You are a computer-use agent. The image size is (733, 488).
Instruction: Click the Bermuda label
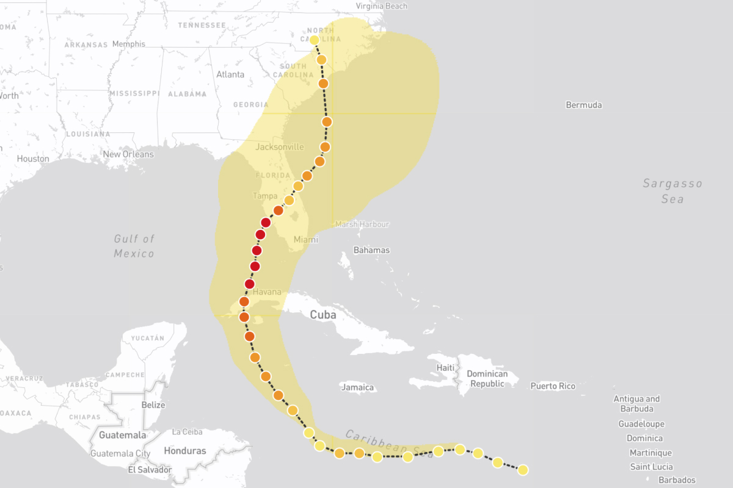pos(583,105)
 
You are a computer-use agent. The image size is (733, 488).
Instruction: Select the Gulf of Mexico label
pos(134,246)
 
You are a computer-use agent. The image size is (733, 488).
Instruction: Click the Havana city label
pos(267,292)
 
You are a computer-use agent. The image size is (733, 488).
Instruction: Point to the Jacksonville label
pos(279,147)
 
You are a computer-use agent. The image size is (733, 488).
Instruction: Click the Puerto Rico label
pos(552,386)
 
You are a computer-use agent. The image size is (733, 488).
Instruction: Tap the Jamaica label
pos(357,387)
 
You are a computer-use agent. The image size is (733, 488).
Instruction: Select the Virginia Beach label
pos(381,6)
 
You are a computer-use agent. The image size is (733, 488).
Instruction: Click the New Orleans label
pos(128,154)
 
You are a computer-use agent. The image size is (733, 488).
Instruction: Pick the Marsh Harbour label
pos(362,224)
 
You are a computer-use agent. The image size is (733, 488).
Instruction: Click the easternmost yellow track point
pos(522,470)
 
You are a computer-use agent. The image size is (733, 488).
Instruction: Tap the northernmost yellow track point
pos(314,40)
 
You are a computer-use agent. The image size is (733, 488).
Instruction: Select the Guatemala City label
pos(120,454)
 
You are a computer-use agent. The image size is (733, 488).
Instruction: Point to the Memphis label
pos(129,44)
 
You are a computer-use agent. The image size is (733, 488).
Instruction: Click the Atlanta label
pos(230,74)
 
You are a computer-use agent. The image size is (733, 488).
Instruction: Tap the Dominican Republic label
pos(487,379)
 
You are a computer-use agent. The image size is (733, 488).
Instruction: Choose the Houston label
pos(33,159)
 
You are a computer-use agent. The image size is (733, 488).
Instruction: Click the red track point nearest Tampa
pos(266,223)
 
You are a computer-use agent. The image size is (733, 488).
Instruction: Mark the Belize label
pos(154,405)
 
